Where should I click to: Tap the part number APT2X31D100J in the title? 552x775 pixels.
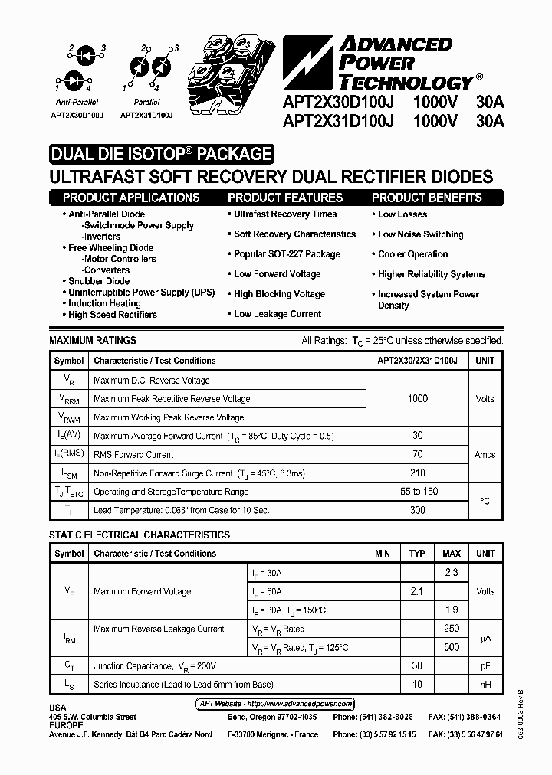pyautogui.click(x=338, y=120)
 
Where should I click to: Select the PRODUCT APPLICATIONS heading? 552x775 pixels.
pyautogui.click(x=132, y=198)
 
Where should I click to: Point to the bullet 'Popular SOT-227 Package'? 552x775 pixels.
pyautogui.click(x=286, y=254)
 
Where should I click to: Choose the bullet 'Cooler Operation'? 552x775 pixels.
pyautogui.click(x=412, y=254)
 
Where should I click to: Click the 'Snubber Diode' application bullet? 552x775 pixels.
pyautogui.click(x=99, y=281)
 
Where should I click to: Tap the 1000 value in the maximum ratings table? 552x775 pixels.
pyautogui.click(x=418, y=399)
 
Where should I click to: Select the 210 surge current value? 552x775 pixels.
pyautogui.click(x=418, y=473)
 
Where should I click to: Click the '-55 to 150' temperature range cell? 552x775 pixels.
pyautogui.click(x=418, y=492)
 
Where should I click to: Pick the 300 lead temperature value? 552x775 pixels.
pyautogui.click(x=418, y=510)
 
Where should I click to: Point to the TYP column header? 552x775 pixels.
pyautogui.click(x=417, y=554)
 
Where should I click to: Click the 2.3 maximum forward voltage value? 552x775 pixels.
pyautogui.click(x=452, y=572)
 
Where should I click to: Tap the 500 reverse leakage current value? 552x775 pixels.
pyautogui.click(x=452, y=647)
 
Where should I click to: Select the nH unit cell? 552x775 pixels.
pyautogui.click(x=485, y=684)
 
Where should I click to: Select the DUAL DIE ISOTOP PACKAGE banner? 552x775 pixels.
pyautogui.click(x=161, y=154)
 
